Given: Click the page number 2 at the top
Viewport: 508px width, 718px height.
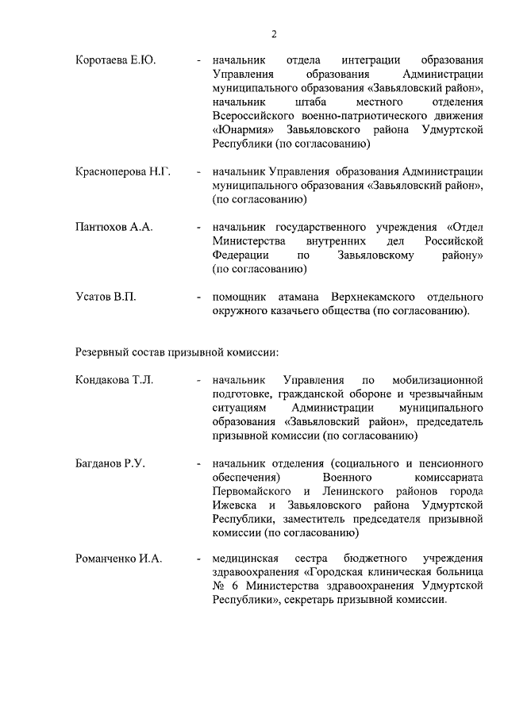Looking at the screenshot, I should (x=274, y=34).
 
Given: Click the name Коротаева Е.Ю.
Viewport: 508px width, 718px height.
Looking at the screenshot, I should (x=116, y=60).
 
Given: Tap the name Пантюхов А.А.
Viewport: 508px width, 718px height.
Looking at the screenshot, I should (x=114, y=227).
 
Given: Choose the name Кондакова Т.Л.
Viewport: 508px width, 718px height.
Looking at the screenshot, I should (x=114, y=379).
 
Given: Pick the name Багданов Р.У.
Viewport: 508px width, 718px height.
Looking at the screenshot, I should (x=112, y=463).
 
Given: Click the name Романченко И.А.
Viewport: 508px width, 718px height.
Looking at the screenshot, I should (x=119, y=559).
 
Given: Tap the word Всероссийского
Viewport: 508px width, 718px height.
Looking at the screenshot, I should (x=259, y=117).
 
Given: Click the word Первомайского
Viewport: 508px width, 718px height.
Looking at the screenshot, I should (x=252, y=491).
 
